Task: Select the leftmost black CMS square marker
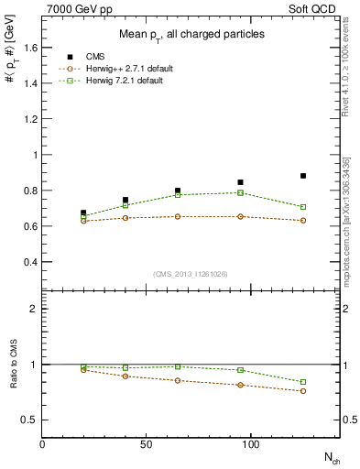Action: click(x=84, y=213)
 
